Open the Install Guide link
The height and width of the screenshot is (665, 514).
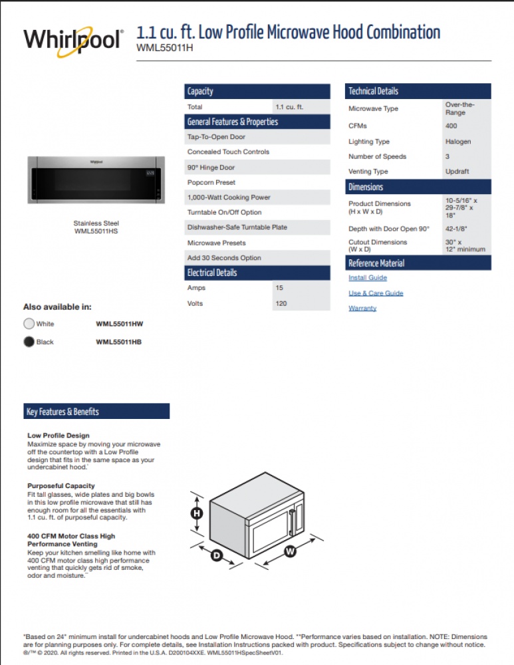pyautogui.click(x=368, y=278)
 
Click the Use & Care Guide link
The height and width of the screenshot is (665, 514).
pyautogui.click(x=376, y=293)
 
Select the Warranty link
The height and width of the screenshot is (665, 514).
pyautogui.click(x=362, y=309)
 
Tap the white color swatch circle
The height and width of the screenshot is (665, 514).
pyautogui.click(x=29, y=324)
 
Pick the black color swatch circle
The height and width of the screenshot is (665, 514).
pyautogui.click(x=29, y=342)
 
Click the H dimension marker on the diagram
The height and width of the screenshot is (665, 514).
pyautogui.click(x=197, y=513)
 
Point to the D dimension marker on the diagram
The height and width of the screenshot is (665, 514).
pyautogui.click(x=217, y=555)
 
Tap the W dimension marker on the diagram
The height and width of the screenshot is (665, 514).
pyautogui.click(x=290, y=551)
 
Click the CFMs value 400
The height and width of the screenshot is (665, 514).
pyautogui.click(x=451, y=126)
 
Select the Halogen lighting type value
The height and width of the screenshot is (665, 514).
pyautogui.click(x=458, y=142)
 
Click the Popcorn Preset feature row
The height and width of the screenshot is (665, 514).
pyautogui.click(x=211, y=182)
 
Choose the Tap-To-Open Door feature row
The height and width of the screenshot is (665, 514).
pyautogui.click(x=216, y=137)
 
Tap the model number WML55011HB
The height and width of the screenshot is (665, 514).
pyautogui.click(x=119, y=342)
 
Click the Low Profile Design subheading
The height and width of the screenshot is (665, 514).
pyautogui.click(x=59, y=436)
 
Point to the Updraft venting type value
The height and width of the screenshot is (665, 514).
pyautogui.click(x=457, y=172)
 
